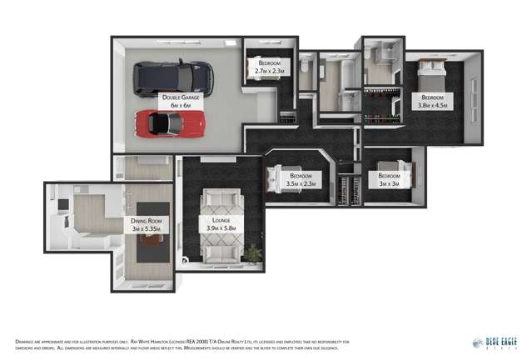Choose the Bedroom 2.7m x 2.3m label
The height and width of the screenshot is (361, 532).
pyautogui.click(x=270, y=68)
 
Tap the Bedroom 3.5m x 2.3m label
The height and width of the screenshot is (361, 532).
pyautogui.click(x=301, y=180)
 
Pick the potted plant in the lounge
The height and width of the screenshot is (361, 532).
pyautogui.click(x=251, y=252)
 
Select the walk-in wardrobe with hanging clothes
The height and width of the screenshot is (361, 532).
pyautogui.click(x=383, y=107)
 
